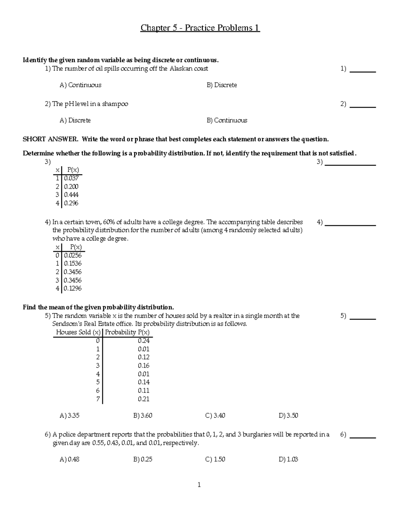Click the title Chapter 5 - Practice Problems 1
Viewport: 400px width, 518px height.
point(200,28)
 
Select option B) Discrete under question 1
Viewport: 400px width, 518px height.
point(222,85)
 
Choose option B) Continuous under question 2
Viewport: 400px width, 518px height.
point(227,120)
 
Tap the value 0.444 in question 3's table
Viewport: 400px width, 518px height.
point(71,195)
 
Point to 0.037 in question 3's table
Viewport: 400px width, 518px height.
point(71,178)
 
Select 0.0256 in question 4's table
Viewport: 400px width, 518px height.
point(73,255)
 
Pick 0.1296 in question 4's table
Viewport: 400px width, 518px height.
point(73,289)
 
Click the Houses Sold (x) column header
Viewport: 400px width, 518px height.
point(78,332)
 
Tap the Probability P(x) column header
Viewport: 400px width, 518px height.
point(127,332)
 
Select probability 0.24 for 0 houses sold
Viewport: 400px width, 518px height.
point(144,341)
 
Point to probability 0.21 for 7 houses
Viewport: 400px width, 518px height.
point(144,399)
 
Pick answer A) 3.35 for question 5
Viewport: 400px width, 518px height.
point(69,416)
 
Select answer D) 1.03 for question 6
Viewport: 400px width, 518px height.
point(288,459)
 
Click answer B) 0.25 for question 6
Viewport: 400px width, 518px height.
point(143,459)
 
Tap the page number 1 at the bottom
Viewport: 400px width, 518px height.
point(199,485)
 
